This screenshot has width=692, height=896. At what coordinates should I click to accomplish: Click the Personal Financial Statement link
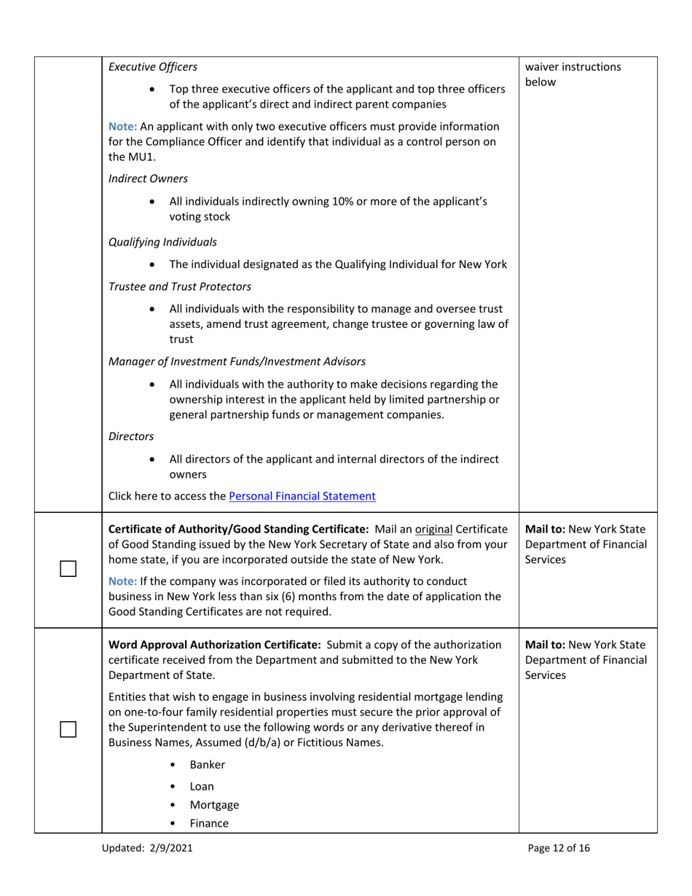pos(302,496)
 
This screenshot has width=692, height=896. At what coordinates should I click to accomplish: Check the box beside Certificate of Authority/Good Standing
pos(68,569)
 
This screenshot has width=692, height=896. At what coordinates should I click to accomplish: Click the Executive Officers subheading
pos(152,67)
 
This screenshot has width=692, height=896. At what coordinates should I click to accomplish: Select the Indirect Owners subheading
pos(148,178)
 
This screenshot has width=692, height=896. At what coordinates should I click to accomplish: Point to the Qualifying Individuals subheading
pos(162,241)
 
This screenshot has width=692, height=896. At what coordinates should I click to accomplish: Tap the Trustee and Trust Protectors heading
pos(180,286)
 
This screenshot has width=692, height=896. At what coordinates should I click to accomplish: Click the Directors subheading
pos(131,436)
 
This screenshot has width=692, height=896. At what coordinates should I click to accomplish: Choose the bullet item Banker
pos(207,765)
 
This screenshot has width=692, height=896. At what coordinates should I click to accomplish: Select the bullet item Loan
pos(202,786)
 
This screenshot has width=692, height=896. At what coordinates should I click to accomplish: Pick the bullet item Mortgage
pos(214,805)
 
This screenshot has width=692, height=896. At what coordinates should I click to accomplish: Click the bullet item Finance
pos(209,824)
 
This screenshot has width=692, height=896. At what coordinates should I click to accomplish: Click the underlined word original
pos(433,528)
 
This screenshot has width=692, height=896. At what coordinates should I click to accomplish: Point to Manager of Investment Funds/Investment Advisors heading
pos(237,361)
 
